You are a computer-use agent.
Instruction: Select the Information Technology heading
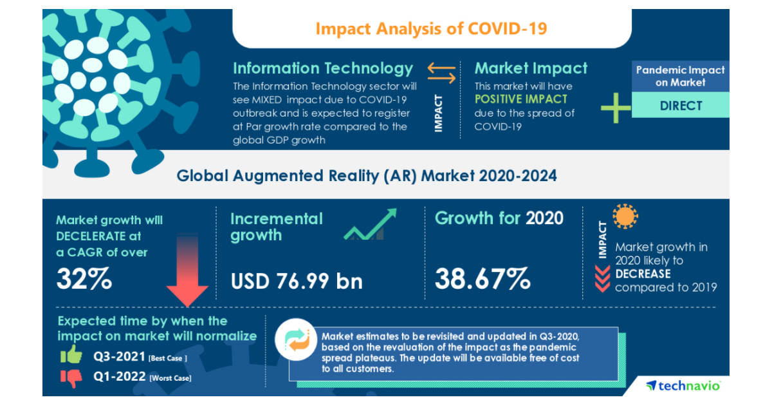pyautogui.click(x=322, y=68)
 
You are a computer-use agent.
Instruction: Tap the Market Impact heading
pyautogui.click(x=531, y=68)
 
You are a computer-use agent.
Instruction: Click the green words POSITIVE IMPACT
pyautogui.click(x=521, y=99)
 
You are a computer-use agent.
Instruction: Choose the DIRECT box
pyautogui.click(x=681, y=105)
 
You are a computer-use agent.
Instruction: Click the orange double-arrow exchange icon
pyautogui.click(x=442, y=74)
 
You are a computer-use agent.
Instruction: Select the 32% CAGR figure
pyautogui.click(x=84, y=278)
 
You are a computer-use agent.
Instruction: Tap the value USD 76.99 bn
pyautogui.click(x=296, y=281)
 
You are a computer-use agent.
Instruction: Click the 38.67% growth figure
pyautogui.click(x=482, y=278)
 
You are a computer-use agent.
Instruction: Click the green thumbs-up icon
pyautogui.click(x=71, y=355)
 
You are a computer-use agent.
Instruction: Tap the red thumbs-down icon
pyautogui.click(x=71, y=378)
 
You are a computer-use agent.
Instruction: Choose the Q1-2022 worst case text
pyautogui.click(x=142, y=378)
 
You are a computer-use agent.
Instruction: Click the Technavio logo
pyautogui.click(x=683, y=385)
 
